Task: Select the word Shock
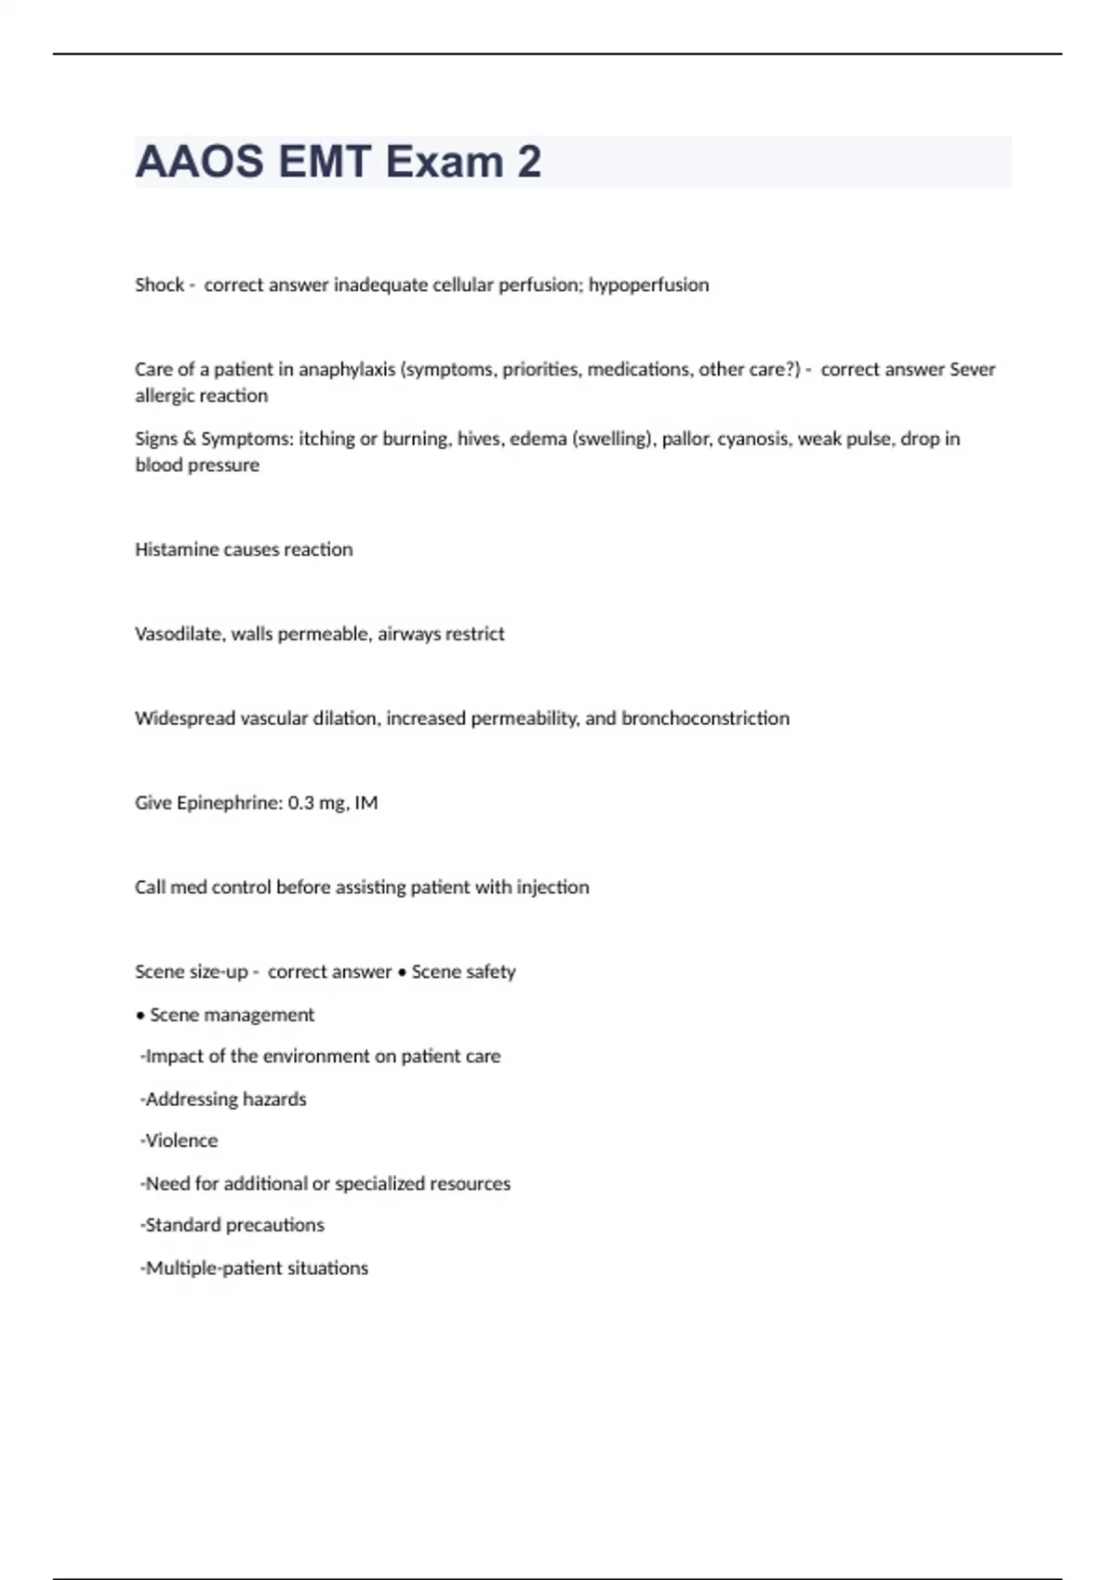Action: pos(159,284)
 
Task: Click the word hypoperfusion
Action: pos(648,284)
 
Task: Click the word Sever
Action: pos(972,369)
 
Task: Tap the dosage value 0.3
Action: pos(300,803)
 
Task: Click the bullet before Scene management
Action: pos(140,1015)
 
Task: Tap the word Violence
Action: pos(181,1140)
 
